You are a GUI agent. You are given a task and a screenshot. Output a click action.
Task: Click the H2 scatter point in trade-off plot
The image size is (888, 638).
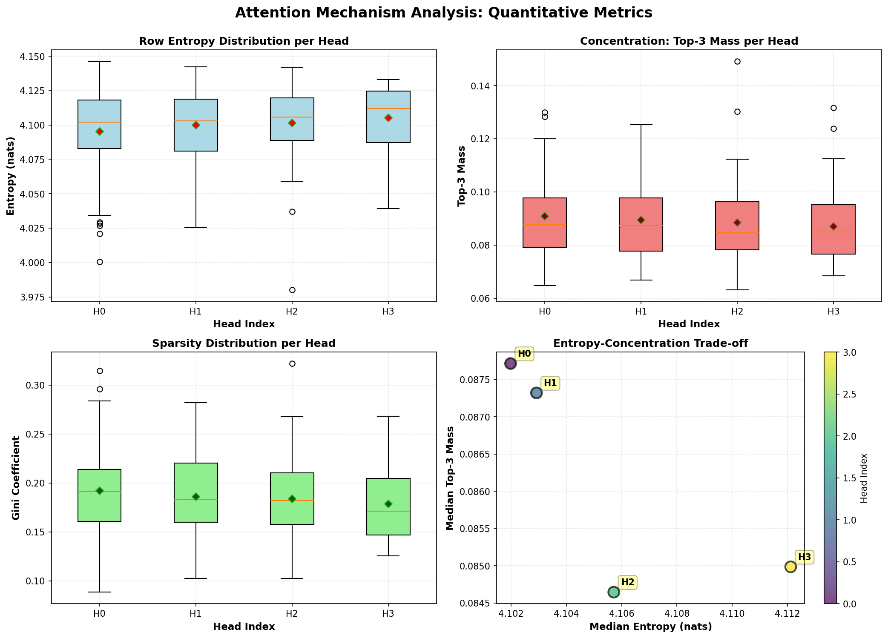click(x=613, y=592)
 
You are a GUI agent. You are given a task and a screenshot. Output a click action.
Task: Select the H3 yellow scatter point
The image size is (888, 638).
click(x=790, y=566)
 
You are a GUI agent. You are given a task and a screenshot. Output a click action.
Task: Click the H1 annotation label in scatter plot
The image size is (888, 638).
click(x=550, y=383)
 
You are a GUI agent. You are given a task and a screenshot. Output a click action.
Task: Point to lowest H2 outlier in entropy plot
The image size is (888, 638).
click(x=292, y=290)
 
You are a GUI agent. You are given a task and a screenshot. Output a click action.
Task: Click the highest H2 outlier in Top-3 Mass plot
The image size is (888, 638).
click(x=737, y=61)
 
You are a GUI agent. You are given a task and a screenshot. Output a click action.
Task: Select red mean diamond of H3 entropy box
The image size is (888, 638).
click(x=388, y=118)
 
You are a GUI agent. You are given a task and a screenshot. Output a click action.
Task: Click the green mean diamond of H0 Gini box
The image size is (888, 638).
click(x=100, y=491)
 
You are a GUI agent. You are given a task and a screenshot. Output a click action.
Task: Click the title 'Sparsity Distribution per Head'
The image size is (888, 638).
click(x=244, y=343)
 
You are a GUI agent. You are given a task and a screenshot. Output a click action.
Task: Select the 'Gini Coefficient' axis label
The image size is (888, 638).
click(x=16, y=478)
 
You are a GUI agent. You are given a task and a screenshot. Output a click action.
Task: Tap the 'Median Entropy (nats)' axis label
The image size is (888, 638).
click(x=650, y=627)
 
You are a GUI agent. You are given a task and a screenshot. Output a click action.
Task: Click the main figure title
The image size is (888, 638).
click(x=443, y=13)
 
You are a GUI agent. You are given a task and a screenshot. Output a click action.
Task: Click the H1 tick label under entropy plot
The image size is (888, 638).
click(x=195, y=312)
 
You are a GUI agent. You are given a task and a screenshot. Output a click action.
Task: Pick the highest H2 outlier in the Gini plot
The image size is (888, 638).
click(x=292, y=363)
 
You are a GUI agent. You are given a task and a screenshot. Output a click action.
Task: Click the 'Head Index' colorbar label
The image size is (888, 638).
click(x=864, y=478)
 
